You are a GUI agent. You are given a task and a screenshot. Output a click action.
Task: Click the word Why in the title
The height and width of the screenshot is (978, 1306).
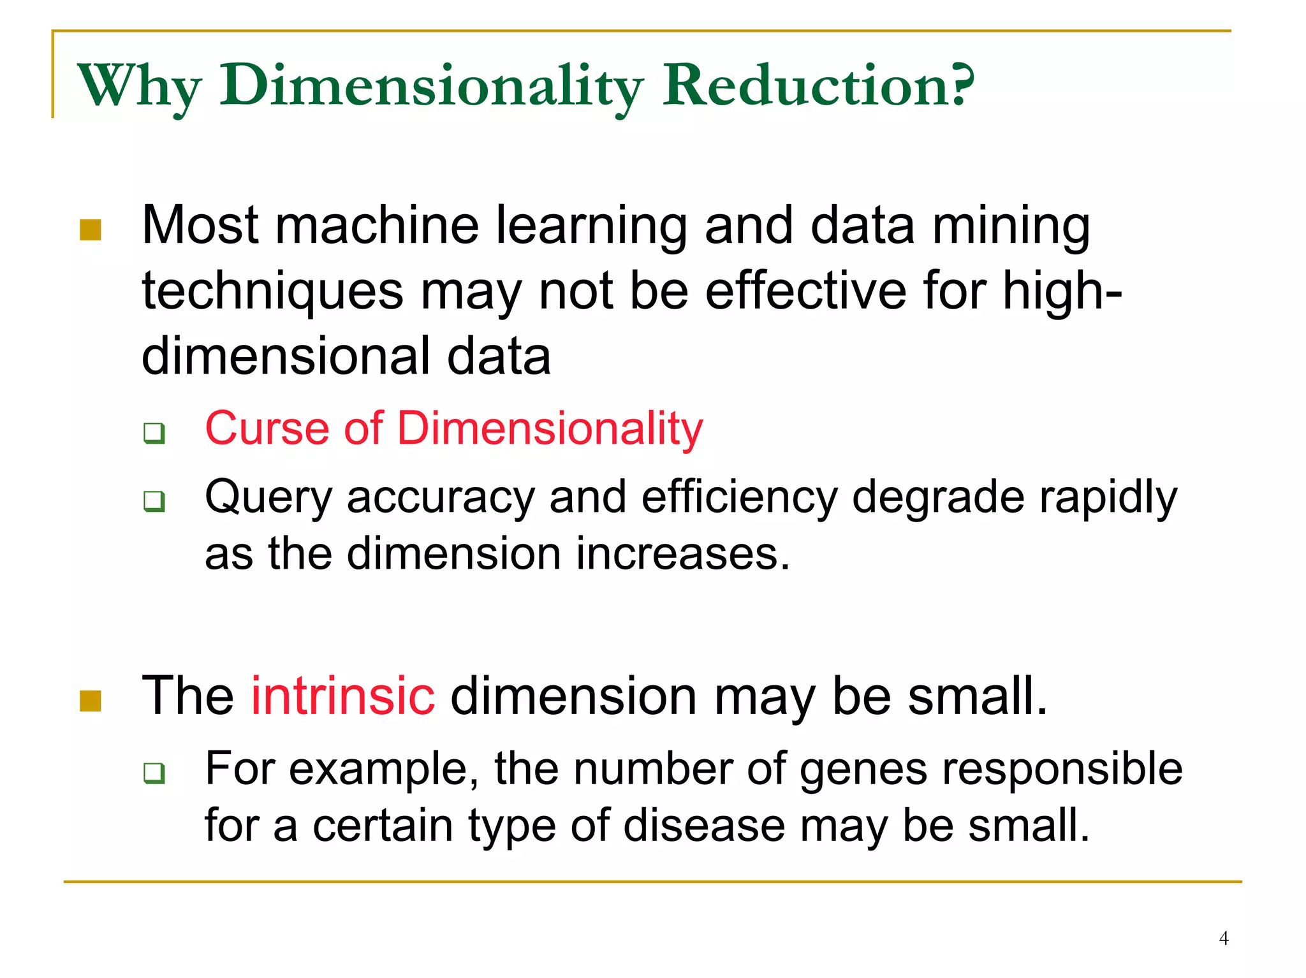(139, 86)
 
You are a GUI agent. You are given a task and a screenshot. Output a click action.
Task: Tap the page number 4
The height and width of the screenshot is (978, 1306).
(1223, 938)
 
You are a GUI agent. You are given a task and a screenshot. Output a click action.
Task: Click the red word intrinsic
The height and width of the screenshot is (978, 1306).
(342, 696)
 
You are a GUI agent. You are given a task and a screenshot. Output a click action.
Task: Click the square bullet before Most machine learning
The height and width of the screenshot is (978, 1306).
(91, 230)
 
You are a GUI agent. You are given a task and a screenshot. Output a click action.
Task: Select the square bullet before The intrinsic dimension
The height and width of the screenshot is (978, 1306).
(91, 701)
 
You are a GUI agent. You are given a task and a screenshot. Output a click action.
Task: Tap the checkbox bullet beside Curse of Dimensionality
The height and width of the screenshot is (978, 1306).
(154, 433)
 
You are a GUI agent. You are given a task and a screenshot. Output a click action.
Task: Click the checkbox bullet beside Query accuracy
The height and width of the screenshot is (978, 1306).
(154, 501)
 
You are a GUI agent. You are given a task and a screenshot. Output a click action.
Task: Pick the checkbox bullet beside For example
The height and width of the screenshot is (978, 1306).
(154, 773)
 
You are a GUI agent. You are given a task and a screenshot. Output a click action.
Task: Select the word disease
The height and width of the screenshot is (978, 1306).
(704, 826)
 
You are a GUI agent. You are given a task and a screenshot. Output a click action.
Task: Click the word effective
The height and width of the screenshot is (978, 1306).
(805, 291)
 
